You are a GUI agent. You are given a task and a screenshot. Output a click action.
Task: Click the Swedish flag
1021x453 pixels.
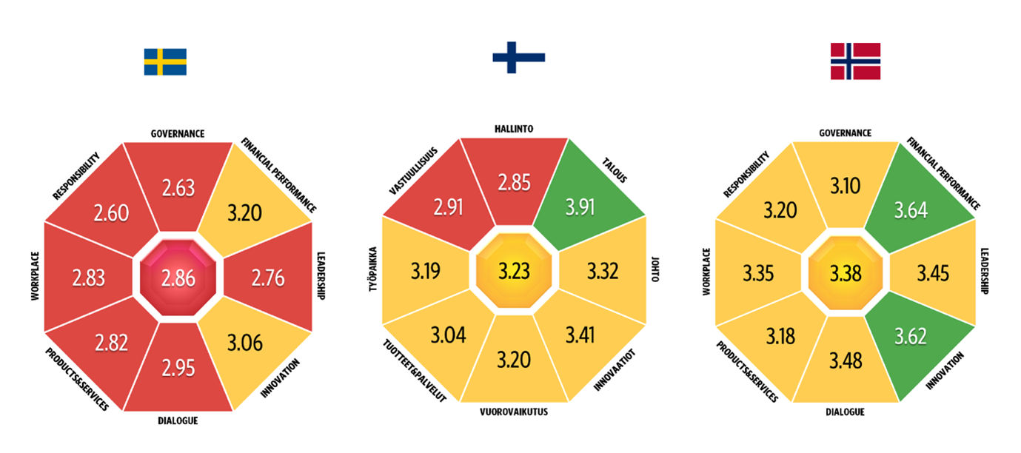(x=165, y=62)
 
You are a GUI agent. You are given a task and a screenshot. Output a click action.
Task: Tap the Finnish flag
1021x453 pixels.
(x=519, y=57)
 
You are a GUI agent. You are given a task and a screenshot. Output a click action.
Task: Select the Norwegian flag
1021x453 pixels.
(x=855, y=61)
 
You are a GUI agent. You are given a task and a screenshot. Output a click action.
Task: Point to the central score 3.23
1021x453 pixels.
(x=514, y=271)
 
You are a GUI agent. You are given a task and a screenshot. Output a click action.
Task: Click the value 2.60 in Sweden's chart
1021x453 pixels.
(x=111, y=213)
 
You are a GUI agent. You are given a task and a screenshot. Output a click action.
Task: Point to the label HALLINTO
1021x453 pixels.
(x=514, y=129)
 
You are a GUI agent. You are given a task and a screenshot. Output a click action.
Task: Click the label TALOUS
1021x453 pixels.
(x=615, y=168)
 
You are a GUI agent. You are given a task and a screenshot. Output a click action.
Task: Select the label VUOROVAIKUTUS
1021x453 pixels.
(x=514, y=412)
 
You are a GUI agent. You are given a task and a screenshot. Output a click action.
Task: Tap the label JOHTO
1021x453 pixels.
(x=654, y=272)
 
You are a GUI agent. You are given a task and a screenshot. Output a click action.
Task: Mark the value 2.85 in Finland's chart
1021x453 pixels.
(x=515, y=182)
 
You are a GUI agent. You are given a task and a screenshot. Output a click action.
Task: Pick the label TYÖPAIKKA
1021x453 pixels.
(x=374, y=270)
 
